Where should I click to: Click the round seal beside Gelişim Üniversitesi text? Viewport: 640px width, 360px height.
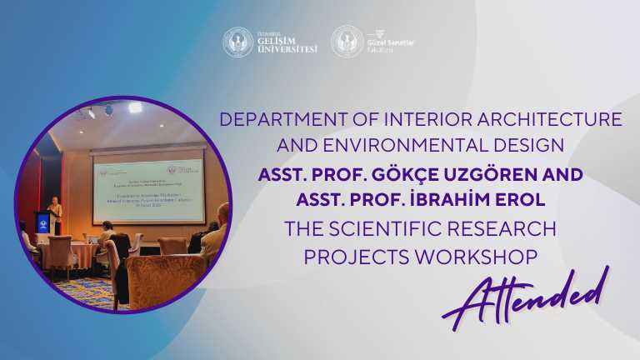tap(238, 42)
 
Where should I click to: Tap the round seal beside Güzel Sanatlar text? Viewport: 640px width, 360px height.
tap(347, 42)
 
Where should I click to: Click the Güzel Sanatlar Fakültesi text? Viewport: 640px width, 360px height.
tap(393, 42)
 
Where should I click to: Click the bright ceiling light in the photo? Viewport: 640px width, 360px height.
tap(134, 108)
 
